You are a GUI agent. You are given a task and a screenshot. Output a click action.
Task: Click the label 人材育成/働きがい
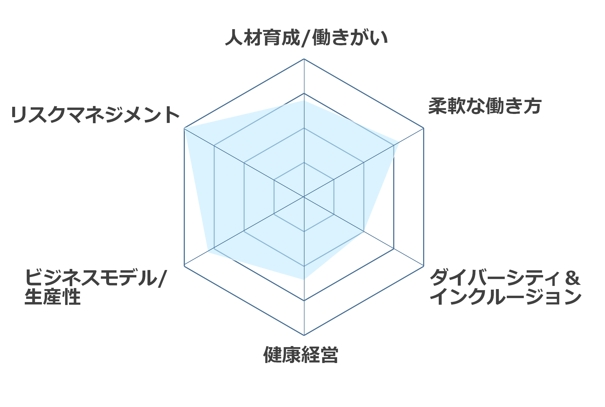306,38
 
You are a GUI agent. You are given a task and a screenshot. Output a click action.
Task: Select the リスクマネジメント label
95,114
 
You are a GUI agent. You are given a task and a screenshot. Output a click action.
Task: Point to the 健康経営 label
301,355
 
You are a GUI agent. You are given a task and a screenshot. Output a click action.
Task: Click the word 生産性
52,297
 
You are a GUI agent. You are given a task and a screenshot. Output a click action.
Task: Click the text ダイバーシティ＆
505,277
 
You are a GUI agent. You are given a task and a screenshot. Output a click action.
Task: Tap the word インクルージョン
505,297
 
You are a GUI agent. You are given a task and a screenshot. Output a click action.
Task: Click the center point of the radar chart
304,197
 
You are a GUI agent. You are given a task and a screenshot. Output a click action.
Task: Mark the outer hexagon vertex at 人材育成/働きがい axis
304,59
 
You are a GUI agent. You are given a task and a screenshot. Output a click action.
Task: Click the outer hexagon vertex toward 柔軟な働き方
424,128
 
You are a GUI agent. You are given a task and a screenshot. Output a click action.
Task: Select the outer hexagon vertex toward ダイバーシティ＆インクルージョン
424,266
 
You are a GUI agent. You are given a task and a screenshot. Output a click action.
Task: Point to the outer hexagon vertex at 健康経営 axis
304,335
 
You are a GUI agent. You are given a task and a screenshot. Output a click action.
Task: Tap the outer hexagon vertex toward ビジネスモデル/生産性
184,266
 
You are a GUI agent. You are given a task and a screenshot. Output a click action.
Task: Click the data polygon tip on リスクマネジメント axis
184,128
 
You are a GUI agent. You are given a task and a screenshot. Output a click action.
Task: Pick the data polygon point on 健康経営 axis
304,279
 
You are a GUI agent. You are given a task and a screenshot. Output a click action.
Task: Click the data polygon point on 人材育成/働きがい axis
304,100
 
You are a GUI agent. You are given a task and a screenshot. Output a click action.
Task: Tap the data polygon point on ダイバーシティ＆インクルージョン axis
364,231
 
